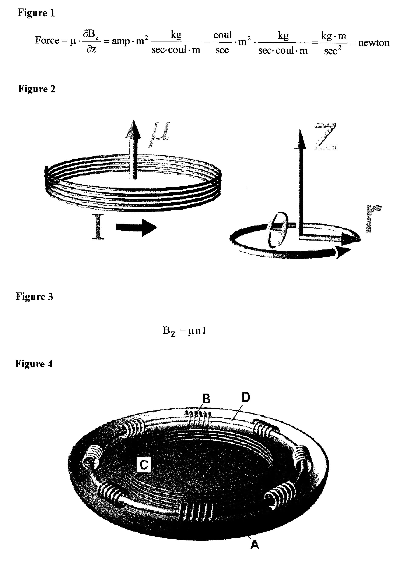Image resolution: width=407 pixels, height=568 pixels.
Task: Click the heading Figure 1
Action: click(x=36, y=13)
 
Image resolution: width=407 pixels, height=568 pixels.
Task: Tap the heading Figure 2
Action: click(x=37, y=89)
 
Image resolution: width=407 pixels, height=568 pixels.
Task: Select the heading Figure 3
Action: click(x=34, y=297)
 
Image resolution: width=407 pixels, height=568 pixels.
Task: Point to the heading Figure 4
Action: click(x=34, y=364)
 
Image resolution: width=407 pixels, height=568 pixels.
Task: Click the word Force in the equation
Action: click(x=47, y=40)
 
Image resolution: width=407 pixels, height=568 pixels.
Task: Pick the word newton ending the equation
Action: click(x=374, y=43)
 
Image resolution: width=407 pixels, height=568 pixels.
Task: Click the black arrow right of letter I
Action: click(x=136, y=227)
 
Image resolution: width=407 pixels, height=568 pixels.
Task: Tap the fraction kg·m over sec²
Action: click(x=333, y=43)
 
